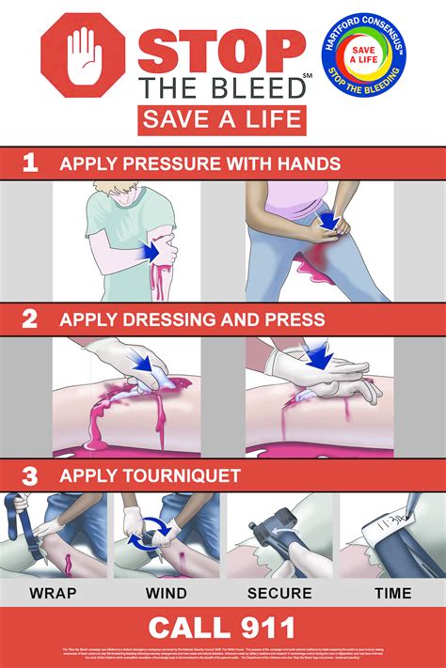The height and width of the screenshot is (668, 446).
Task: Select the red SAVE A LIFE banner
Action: click(222, 119)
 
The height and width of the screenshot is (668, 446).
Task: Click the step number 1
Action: click(30, 163)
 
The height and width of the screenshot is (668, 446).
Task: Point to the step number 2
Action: click(30, 318)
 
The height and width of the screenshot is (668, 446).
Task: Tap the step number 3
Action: click(30, 474)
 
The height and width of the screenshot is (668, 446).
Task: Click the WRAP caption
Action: click(54, 593)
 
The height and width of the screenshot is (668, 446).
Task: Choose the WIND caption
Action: click(167, 593)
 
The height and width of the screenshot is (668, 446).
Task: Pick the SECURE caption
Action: click(279, 593)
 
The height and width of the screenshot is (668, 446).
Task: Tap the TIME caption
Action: click(392, 593)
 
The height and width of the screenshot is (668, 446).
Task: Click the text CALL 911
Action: click(223, 628)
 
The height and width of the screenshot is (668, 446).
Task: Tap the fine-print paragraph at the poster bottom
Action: click(223, 658)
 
